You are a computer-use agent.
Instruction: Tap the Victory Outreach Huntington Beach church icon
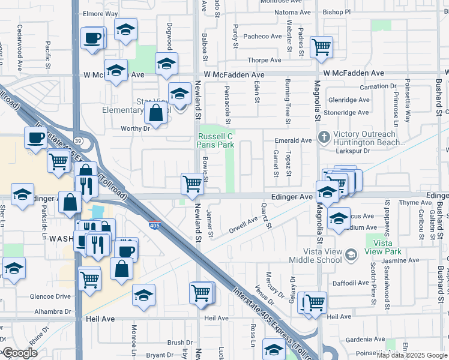[324, 136]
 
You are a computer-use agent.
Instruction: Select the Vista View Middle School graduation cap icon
[349, 256]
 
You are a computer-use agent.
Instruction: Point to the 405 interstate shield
[154, 225]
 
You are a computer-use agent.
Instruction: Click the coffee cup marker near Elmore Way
[92, 38]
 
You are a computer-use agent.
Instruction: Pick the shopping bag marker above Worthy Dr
[156, 113]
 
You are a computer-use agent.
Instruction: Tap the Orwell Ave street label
[243, 226]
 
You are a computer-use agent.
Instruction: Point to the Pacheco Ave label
[263, 37]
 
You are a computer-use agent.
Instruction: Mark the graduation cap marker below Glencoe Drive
[144, 295]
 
